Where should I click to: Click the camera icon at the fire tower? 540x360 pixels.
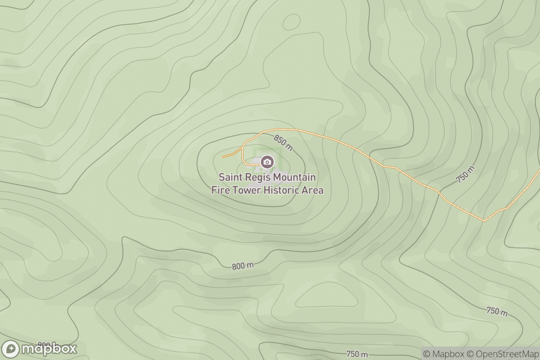pyautogui.click(x=267, y=162)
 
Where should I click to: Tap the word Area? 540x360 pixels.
pyautogui.click(x=313, y=190)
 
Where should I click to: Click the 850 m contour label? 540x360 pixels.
pyautogui.click(x=283, y=143)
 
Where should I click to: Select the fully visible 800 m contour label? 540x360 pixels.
pyautogui.click(x=243, y=266)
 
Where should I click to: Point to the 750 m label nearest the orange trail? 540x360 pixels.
pyautogui.click(x=466, y=175)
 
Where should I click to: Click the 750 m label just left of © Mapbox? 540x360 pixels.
pyautogui.click(x=358, y=354)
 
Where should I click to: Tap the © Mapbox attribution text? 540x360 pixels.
pyautogui.click(x=443, y=354)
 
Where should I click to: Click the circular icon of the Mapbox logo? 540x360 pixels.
pyautogui.click(x=10, y=349)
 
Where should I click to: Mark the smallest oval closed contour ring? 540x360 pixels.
pyautogui.click(x=291, y=22)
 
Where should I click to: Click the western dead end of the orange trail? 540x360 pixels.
pyautogui.click(x=223, y=157)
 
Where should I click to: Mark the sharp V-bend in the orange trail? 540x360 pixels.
pyautogui.click(x=484, y=220)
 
